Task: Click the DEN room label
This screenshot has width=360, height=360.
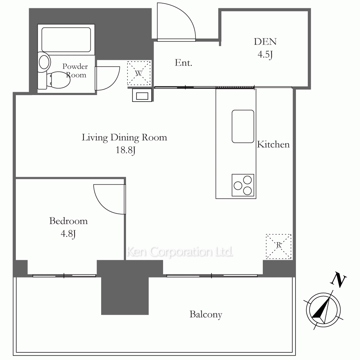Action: click(265, 41)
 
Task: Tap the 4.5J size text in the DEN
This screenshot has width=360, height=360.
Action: click(265, 55)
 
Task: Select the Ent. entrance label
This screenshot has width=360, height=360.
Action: click(183, 63)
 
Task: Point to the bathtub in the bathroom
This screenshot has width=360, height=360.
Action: click(66, 40)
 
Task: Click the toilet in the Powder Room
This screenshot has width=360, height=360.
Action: click(58, 80)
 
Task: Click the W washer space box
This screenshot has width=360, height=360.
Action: click(139, 73)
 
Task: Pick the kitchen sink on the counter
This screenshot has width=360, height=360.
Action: click(243, 126)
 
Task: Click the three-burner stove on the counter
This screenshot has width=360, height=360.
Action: click(243, 185)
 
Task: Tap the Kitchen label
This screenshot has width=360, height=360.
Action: click(273, 144)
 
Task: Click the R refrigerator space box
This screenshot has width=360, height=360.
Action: click(279, 247)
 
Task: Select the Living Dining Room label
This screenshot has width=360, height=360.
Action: click(125, 138)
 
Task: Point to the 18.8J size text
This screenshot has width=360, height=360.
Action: click(125, 150)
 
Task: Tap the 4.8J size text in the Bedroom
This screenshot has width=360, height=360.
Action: click(68, 234)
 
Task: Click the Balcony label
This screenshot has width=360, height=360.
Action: click(206, 315)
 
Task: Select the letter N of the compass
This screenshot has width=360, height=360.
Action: click(338, 279)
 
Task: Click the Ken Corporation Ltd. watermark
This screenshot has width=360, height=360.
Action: click(180, 252)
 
